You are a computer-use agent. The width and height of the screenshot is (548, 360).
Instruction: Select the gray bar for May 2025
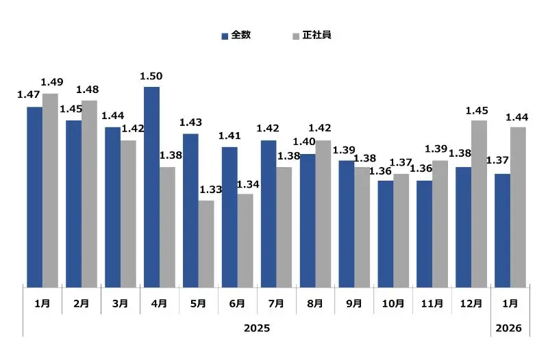[206, 244]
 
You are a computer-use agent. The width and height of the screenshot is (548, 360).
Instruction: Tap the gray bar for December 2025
[479, 204]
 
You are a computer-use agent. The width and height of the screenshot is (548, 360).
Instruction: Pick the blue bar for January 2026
[502, 231]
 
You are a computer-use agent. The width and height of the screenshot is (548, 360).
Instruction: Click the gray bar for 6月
[245, 240]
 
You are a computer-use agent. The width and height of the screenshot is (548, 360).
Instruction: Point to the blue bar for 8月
[308, 220]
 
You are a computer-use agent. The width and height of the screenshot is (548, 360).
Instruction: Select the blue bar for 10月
[386, 234]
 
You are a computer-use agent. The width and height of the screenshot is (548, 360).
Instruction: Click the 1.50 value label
[151, 76]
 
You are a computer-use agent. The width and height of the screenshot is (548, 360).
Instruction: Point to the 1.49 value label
[53, 83]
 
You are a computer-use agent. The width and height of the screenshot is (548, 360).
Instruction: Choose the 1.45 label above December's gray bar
[477, 110]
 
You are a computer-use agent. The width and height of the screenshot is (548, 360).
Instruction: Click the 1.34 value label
[247, 183]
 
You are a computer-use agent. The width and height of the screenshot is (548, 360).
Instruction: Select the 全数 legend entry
[236, 35]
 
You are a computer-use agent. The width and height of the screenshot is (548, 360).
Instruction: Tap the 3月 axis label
[120, 303]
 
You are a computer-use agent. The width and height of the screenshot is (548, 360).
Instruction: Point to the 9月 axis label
[354, 303]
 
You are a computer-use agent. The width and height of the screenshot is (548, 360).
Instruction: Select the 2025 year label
[257, 329]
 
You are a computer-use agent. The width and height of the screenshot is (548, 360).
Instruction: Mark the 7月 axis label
[276, 303]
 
